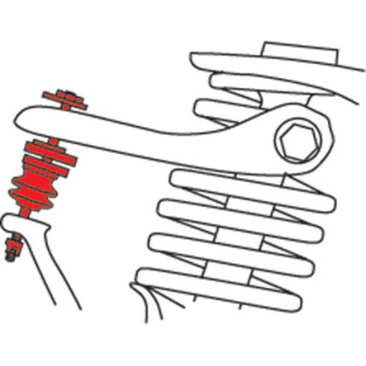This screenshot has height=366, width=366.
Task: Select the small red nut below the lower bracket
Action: click(12, 246)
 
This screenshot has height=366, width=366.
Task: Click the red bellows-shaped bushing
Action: click(33, 186)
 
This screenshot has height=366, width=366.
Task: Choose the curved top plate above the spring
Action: click(244, 62)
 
